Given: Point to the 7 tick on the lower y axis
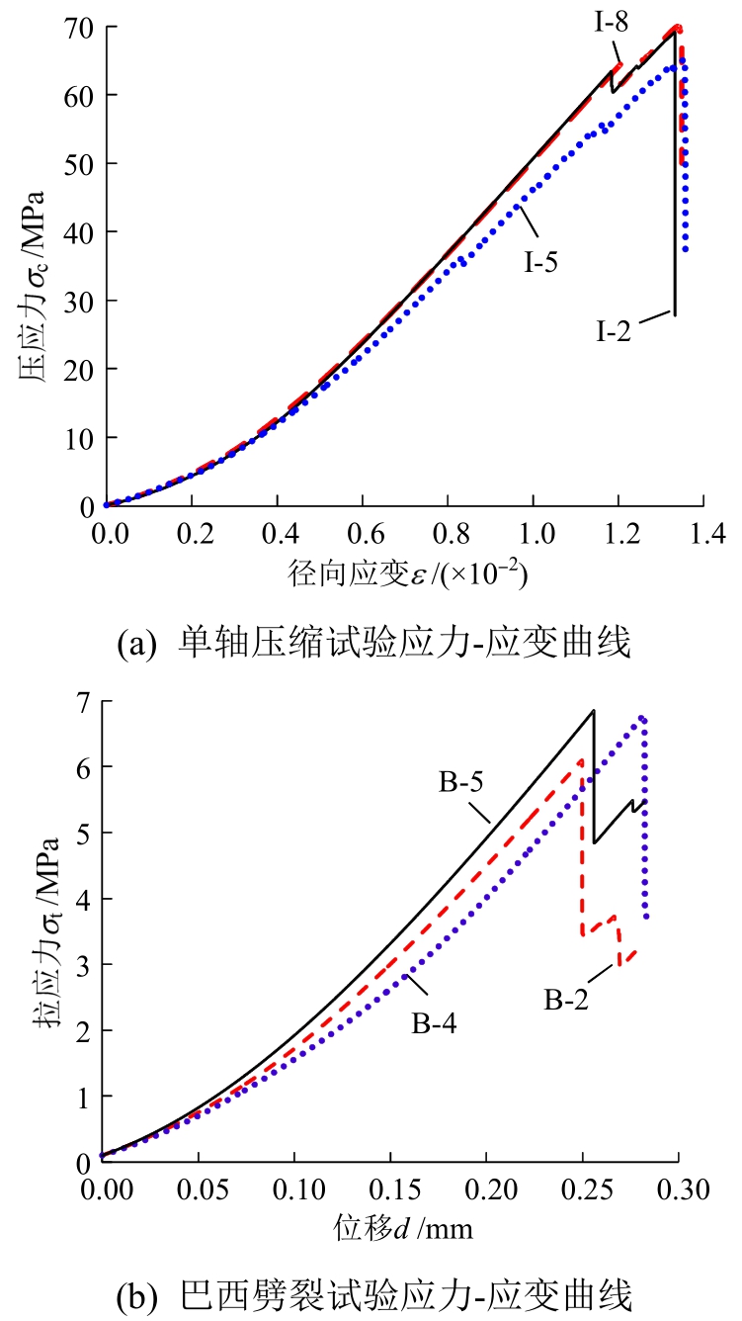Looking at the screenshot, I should coord(84,701).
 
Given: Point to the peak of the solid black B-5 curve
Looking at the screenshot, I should coord(593,711).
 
